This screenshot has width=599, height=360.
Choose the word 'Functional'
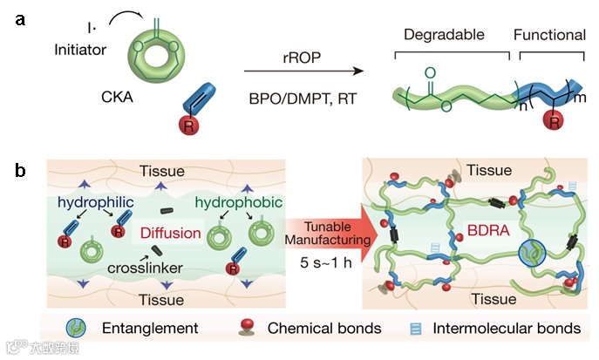[x=549, y=35]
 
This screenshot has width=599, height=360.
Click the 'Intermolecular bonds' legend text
[x=510, y=329]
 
